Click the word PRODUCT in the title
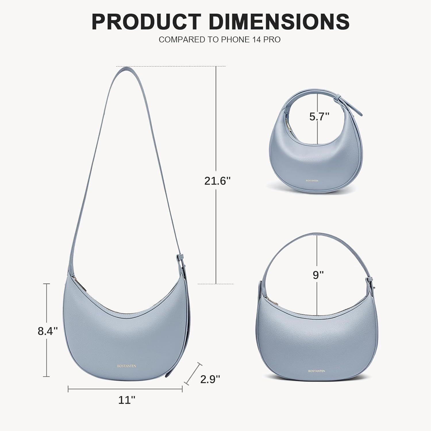(x=146, y=22)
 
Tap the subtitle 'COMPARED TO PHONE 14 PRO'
(x=220, y=40)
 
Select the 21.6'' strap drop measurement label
(x=218, y=181)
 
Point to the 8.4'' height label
(x=48, y=331)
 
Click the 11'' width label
(x=127, y=400)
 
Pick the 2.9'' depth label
(x=210, y=379)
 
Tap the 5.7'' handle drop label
(x=319, y=117)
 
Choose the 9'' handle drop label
(x=318, y=275)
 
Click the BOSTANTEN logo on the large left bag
(x=126, y=366)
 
